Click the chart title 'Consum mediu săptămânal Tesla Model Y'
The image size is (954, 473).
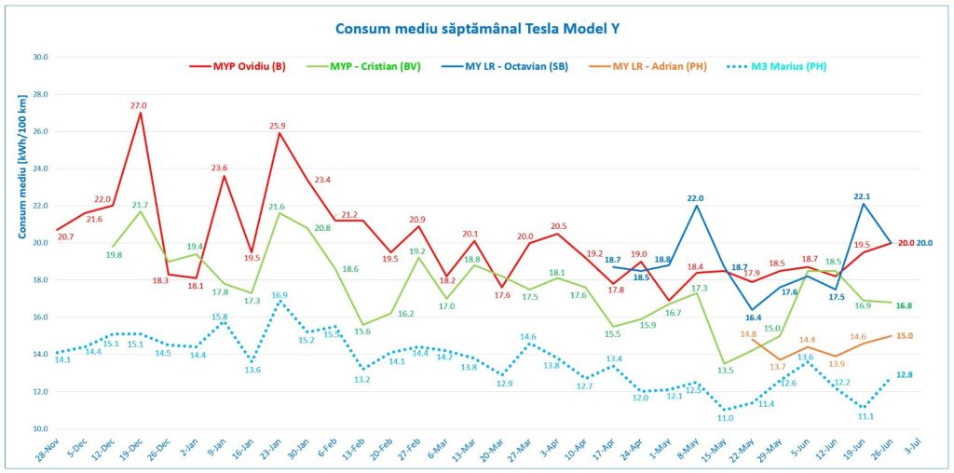pyautogui.click(x=477, y=28)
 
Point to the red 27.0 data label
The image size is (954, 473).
pyautogui.click(x=139, y=105)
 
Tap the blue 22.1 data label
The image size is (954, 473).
pyautogui.click(x=862, y=196)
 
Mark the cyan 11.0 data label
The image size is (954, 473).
pyautogui.click(x=725, y=418)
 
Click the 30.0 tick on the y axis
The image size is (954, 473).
pyautogui.click(x=39, y=57)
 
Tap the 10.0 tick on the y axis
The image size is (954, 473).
pyautogui.click(x=39, y=429)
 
